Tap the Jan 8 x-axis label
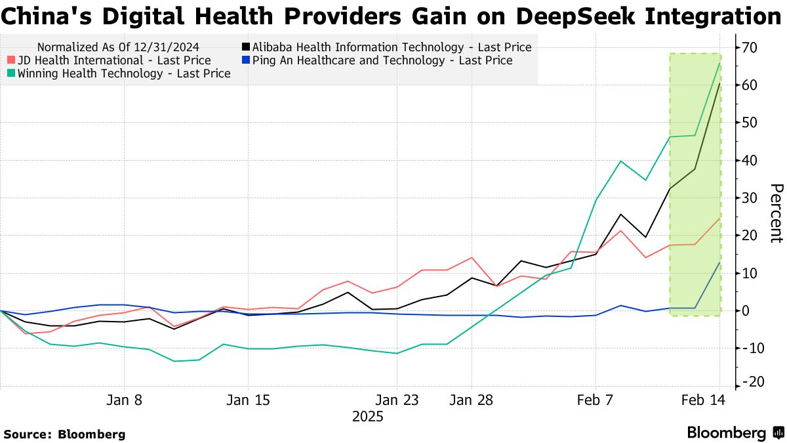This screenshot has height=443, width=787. coord(125,400)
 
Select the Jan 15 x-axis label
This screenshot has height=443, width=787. coord(248,400)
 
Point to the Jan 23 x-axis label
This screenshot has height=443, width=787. coord(397,400)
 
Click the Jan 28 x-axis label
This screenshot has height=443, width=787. coord(471,400)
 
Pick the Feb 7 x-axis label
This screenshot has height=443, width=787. coord(595,400)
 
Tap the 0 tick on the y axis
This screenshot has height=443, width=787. coord(747,310)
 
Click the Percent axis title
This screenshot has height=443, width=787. coord(776,213)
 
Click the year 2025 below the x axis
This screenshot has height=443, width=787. coord(368,417)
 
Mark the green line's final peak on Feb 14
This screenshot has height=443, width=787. coord(720,64)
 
